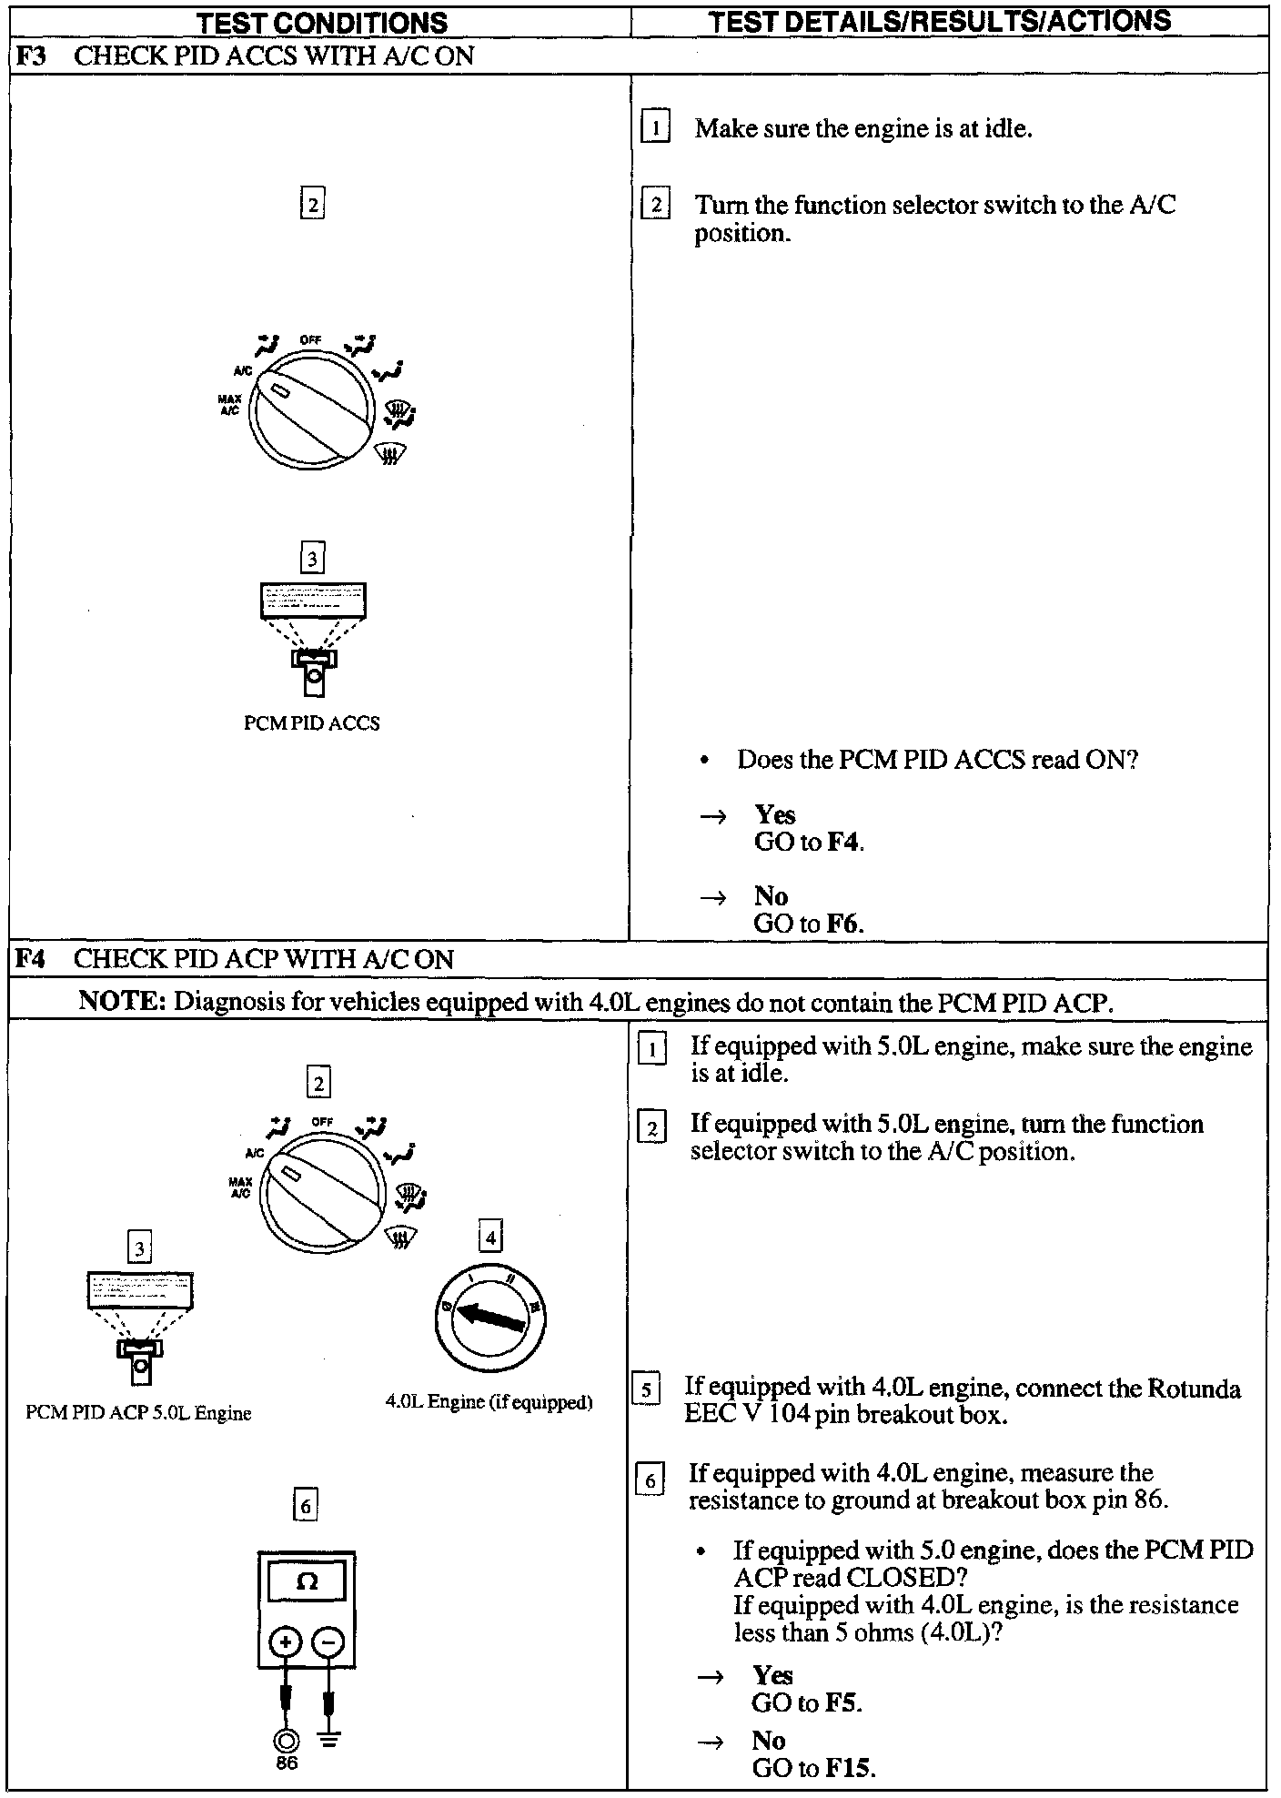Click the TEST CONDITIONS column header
tap(323, 22)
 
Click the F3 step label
tap(31, 56)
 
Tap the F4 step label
tap(31, 959)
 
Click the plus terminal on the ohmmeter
tap(286, 1642)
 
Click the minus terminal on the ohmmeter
tap(328, 1642)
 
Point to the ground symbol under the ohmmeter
tap(329, 1740)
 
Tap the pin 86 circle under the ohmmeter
tap(286, 1740)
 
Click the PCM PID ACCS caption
tap(311, 723)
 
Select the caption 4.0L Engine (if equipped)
tap(489, 1402)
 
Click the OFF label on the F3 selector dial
tap(310, 340)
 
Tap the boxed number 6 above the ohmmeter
tap(306, 1506)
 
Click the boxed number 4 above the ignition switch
tap(490, 1237)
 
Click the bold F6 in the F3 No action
tap(843, 924)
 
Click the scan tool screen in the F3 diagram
tap(313, 601)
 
